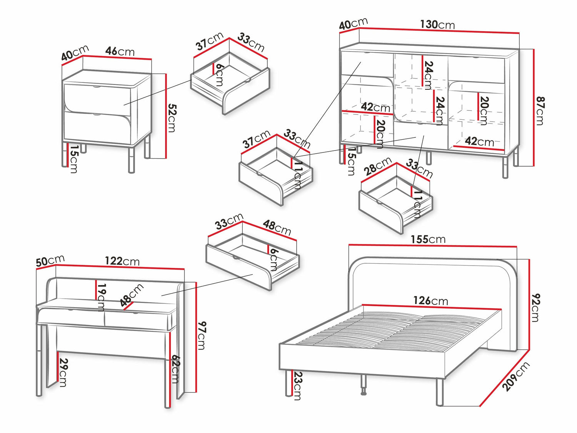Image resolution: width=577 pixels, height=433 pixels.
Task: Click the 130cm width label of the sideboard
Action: (x=437, y=25)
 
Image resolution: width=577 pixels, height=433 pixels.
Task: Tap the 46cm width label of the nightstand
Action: (x=120, y=51)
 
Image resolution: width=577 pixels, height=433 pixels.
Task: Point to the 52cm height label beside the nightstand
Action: (x=172, y=118)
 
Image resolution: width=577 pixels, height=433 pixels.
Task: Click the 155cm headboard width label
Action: (x=428, y=239)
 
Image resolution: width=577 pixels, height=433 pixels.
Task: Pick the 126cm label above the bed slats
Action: (x=430, y=301)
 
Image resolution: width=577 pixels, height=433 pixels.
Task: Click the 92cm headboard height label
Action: (x=535, y=307)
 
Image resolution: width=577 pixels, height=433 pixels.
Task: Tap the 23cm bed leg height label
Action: (x=297, y=386)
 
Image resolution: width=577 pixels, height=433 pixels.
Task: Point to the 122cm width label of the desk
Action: (x=122, y=261)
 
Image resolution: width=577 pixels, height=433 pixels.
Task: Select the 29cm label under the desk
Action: (x=63, y=372)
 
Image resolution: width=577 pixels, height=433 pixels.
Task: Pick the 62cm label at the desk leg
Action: (x=175, y=369)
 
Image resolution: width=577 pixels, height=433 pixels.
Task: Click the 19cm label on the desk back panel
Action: (x=101, y=297)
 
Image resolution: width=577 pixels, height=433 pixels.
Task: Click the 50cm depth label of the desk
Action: (x=50, y=261)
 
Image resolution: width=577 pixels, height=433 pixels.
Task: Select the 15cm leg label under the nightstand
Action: (x=73, y=159)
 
